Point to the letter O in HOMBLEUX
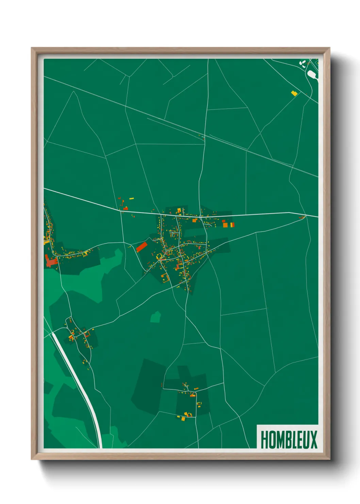(271, 440)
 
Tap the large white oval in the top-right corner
(312, 75)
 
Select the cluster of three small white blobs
(302, 63)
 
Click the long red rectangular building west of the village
(141, 247)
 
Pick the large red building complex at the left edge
(51, 261)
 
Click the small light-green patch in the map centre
(156, 317)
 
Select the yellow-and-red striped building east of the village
(232, 225)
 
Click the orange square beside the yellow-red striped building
(225, 225)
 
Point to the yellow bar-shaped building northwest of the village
(131, 198)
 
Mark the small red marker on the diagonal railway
(203, 139)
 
